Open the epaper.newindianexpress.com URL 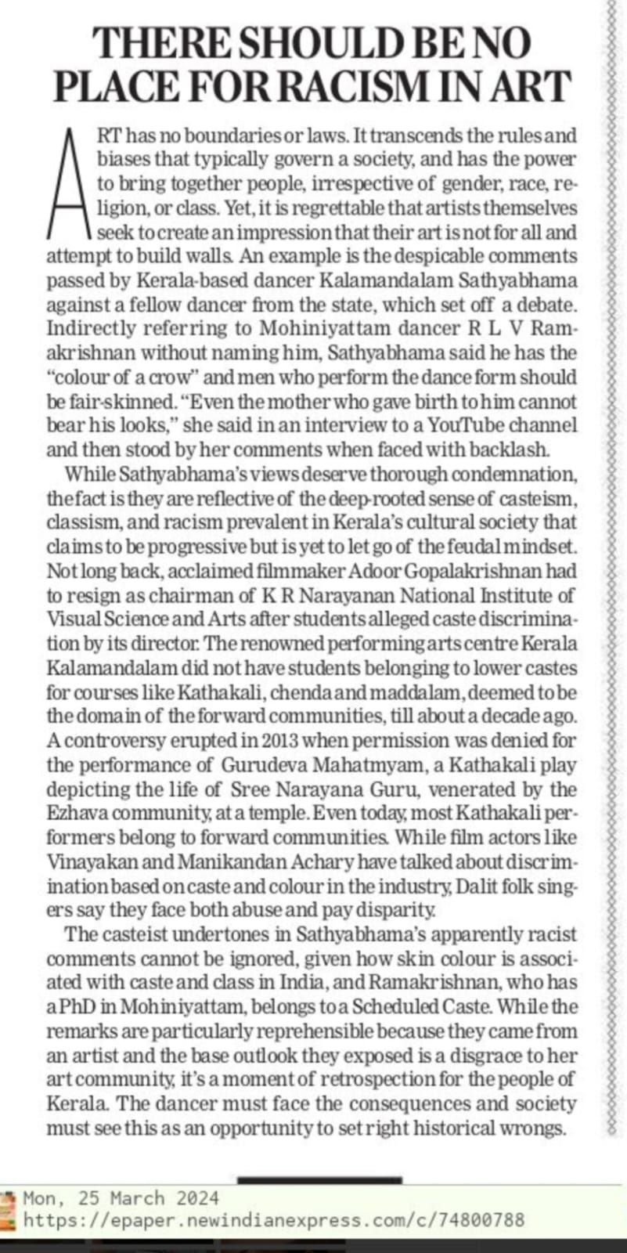click(x=274, y=1219)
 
